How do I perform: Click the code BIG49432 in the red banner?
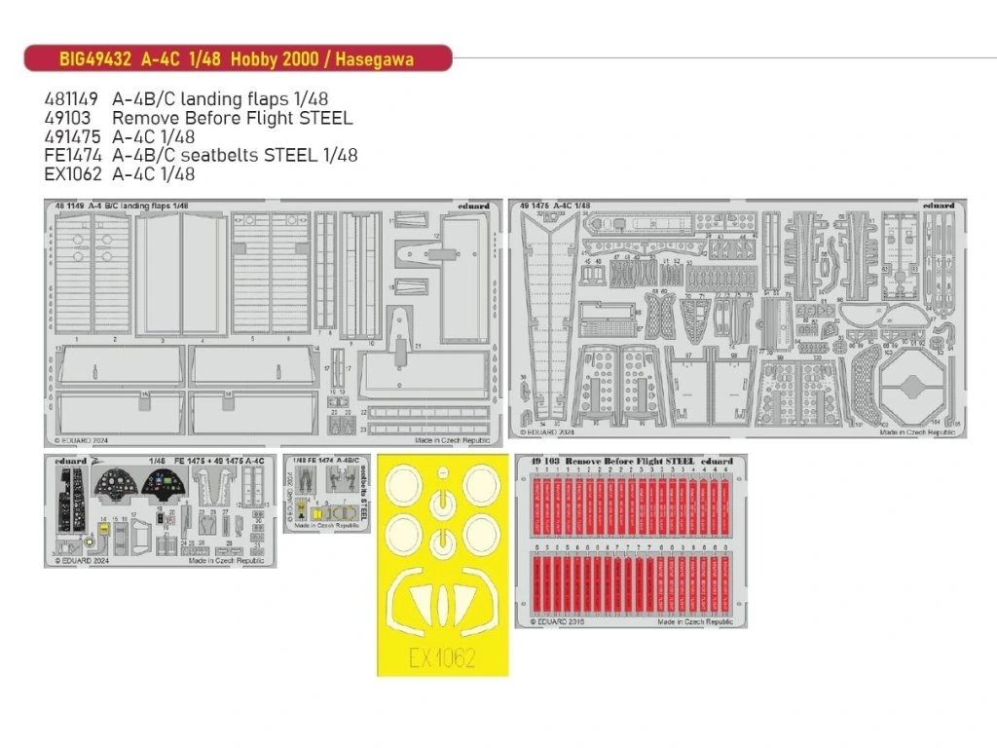tap(92, 59)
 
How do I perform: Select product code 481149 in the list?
tap(70, 99)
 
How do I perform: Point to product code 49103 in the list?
tap(66, 119)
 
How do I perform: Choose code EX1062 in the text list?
tap(71, 175)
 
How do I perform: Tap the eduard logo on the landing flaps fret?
tap(476, 206)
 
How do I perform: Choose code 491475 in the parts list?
tap(70, 137)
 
